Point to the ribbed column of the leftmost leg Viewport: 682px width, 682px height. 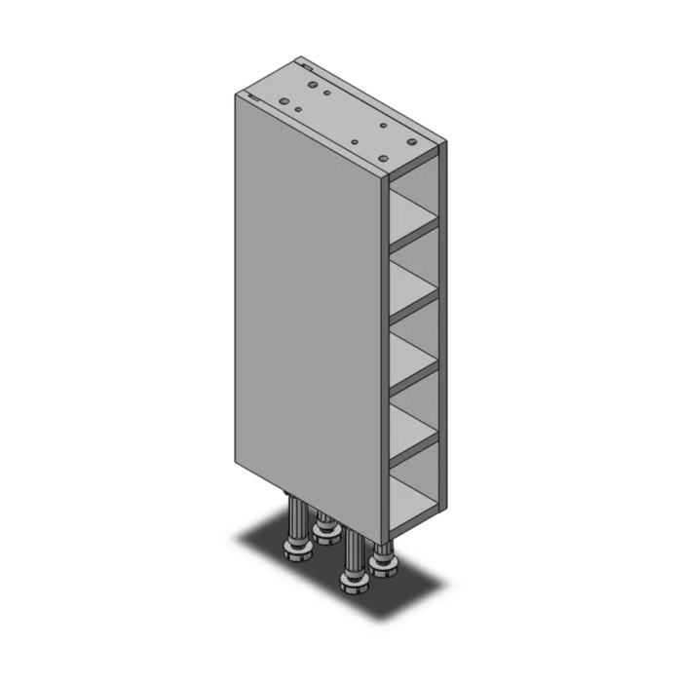coord(294,521)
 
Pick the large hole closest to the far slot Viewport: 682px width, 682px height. coord(312,85)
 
